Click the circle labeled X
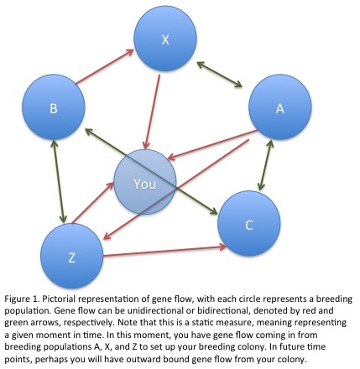165,39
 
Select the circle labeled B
54,107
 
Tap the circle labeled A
280,107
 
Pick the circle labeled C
249,224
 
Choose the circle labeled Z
72,256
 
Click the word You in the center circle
144,184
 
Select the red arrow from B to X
105,66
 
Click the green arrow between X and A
220,75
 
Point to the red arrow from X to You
151,112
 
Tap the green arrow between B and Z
59,181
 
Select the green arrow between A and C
265,165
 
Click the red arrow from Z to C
164,251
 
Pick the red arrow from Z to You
92,203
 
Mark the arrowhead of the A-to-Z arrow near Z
107,236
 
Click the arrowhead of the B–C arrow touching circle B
89,131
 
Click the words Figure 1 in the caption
22,299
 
